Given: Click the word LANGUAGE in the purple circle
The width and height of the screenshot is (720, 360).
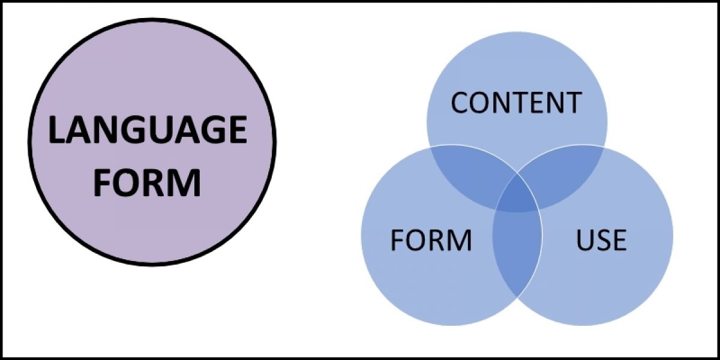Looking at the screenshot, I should pos(147,130).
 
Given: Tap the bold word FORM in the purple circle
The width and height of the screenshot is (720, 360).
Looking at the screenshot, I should pos(147,182).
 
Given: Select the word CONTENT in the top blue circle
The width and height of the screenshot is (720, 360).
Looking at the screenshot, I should pos(516,103).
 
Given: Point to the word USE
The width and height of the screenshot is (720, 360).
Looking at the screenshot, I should pos(601,240).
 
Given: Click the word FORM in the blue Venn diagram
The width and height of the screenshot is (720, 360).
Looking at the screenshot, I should pos(431,240).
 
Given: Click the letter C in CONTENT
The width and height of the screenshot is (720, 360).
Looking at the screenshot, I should pos(461,103).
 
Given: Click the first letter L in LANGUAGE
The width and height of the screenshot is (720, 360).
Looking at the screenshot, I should pos(56,130).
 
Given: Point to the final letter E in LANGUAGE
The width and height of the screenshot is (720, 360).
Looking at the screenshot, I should pos(238,130).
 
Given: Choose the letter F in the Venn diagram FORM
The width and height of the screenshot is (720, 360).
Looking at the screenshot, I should pos(397,240).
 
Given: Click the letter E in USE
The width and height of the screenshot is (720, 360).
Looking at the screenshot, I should pos(619,240).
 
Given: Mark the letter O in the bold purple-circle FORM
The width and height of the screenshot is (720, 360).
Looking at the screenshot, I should pos(128,182).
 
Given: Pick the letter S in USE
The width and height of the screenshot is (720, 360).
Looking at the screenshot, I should pos(602,240).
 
